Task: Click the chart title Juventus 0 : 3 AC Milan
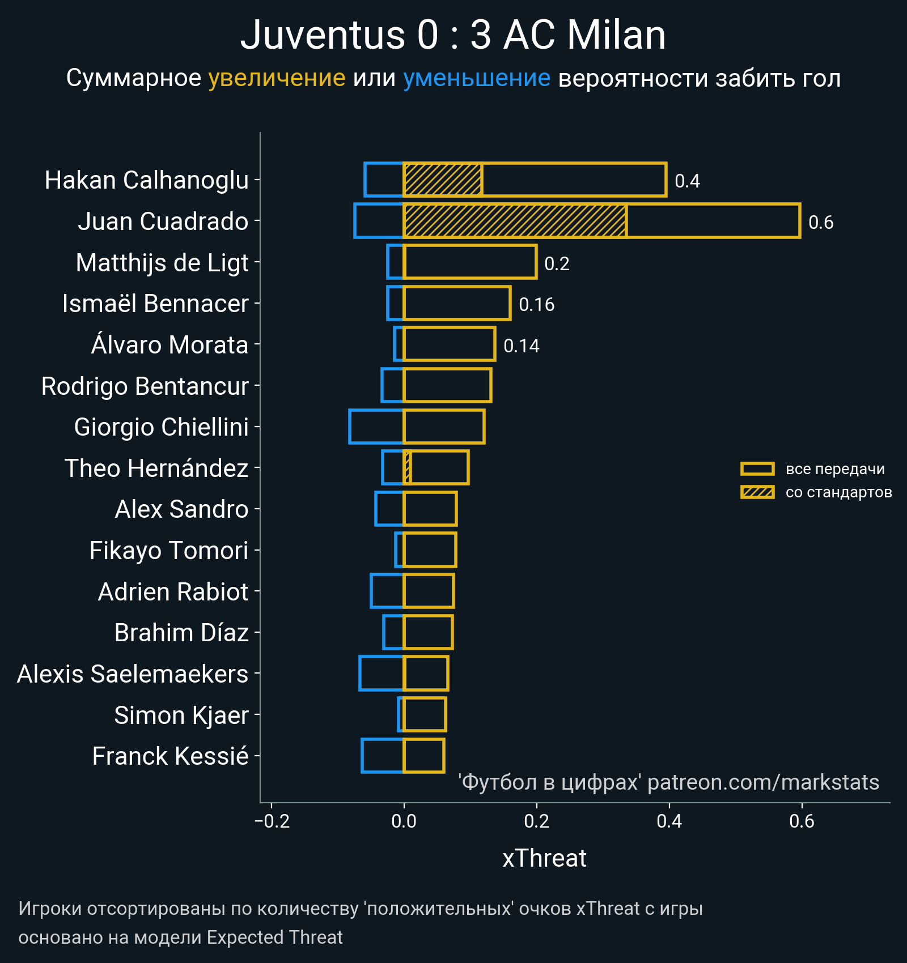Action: (453, 35)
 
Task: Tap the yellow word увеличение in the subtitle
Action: (277, 78)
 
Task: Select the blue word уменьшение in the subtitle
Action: (476, 78)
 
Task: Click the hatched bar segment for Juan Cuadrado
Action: (515, 221)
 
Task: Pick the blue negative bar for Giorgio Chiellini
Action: (376, 427)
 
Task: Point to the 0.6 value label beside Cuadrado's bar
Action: (820, 223)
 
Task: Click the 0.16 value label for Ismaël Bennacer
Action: (536, 305)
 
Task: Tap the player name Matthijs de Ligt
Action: (162, 263)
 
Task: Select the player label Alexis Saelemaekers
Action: (133, 674)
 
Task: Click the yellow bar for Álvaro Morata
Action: (450, 344)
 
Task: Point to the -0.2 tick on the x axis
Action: (273, 821)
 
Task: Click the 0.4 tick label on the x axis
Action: (669, 821)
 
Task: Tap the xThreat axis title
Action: (544, 858)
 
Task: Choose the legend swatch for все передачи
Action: (757, 469)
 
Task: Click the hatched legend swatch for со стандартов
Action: (757, 492)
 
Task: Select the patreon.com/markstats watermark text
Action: (763, 782)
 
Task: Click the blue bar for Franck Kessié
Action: (383, 756)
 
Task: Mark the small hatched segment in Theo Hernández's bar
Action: (407, 468)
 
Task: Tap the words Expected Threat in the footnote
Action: (274, 938)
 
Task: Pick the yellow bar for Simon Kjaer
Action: (425, 715)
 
